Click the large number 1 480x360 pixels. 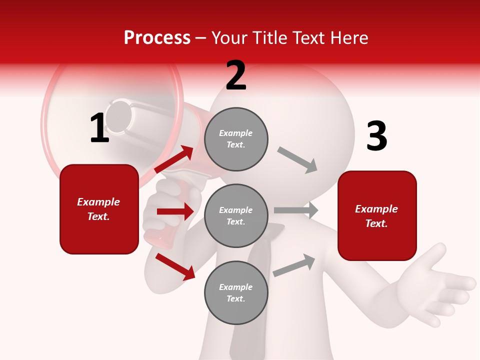pyautogui.click(x=99, y=128)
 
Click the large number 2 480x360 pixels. pyautogui.click(x=236, y=75)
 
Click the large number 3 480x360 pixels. pyautogui.click(x=376, y=136)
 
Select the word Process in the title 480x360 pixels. pyautogui.click(x=157, y=37)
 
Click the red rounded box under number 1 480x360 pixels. pyautogui.click(x=99, y=209)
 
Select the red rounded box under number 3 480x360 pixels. pyautogui.click(x=377, y=215)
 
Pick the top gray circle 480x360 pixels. pyautogui.click(x=236, y=139)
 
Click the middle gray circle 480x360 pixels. pyautogui.click(x=236, y=215)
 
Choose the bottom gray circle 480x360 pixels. pyautogui.click(x=236, y=292)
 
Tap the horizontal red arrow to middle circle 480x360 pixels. pyautogui.click(x=175, y=211)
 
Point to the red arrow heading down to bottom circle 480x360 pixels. pyautogui.click(x=175, y=266)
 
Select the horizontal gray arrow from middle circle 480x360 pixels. pyautogui.click(x=296, y=210)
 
